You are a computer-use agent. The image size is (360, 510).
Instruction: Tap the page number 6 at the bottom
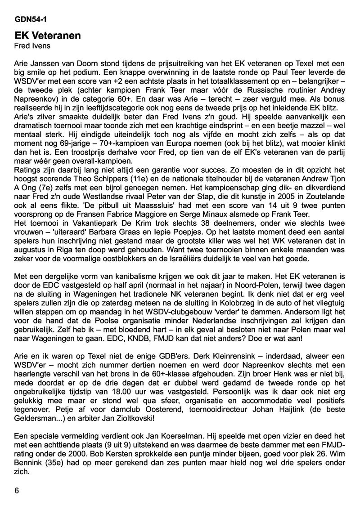click(17, 491)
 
